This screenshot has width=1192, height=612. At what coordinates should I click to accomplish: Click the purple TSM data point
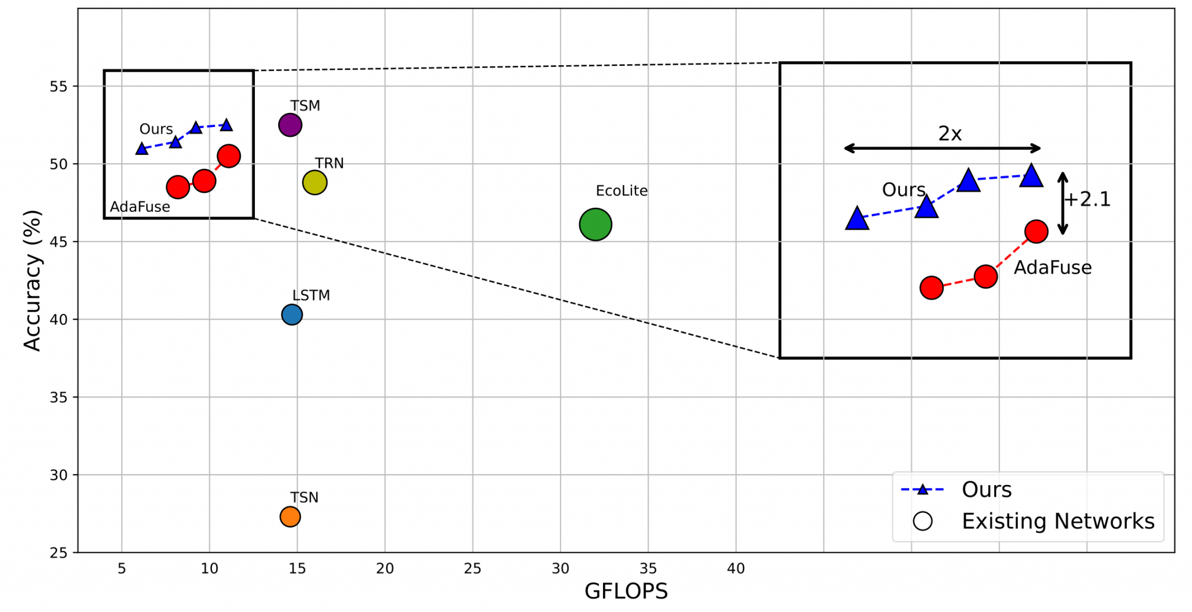[290, 125]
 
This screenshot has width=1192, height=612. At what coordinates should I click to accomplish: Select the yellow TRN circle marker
[315, 183]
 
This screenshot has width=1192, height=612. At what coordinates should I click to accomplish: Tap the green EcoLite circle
[595, 224]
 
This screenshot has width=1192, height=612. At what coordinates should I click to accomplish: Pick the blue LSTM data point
[292, 314]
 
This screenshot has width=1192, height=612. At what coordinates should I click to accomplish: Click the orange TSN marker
[290, 517]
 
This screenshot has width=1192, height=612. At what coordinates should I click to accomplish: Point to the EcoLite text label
[621, 191]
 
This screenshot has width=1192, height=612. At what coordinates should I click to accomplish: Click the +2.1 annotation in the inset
[1087, 200]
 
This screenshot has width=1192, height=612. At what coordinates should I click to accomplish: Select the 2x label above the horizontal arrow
[949, 134]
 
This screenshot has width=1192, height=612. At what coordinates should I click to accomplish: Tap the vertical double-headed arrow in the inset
[1063, 203]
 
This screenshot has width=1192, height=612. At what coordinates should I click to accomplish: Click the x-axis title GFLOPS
[626, 592]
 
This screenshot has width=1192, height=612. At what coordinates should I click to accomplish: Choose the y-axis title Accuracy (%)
[33, 281]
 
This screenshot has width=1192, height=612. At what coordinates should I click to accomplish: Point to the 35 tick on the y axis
[58, 397]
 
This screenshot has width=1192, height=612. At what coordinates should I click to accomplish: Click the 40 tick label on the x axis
[736, 569]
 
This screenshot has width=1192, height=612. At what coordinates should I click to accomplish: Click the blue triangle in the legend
[923, 490]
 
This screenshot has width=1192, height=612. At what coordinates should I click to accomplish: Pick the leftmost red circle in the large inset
[931, 288]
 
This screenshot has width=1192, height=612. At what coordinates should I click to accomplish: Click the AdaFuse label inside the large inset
[1052, 268]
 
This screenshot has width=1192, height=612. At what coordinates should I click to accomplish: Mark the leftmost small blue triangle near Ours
[141, 149]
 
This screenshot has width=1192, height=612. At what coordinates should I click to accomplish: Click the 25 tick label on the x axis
[472, 569]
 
